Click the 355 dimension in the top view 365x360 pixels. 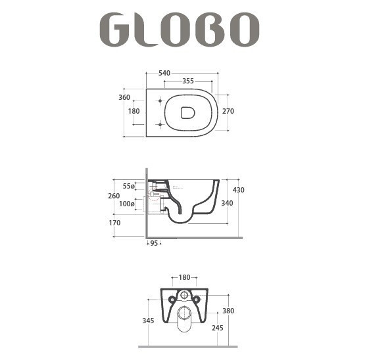pos(188,81)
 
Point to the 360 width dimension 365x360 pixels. pos(124,97)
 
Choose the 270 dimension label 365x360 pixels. pos(228,112)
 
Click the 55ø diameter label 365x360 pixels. pos(128,186)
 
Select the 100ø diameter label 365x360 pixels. pos(128,204)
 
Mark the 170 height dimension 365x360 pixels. pos(115,223)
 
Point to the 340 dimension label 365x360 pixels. pos(228,203)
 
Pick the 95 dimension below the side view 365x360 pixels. pos(153,244)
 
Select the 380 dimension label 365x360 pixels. pos(228,311)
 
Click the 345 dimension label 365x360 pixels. pos(148,321)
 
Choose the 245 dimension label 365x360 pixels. pos(218,326)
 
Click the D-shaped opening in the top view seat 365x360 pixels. pos(188,113)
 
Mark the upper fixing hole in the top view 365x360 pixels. pos(160,101)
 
